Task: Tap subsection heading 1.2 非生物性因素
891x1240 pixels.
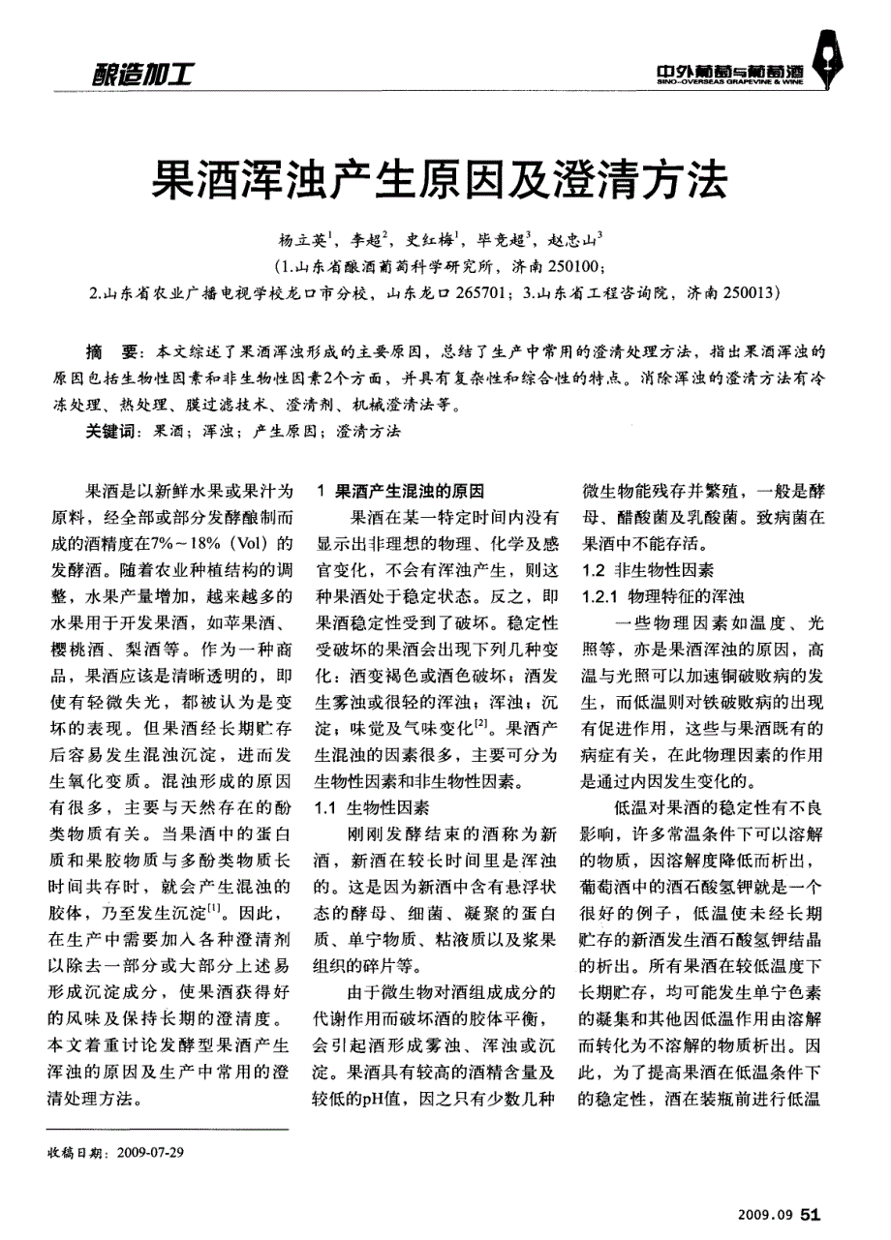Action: click(x=646, y=570)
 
